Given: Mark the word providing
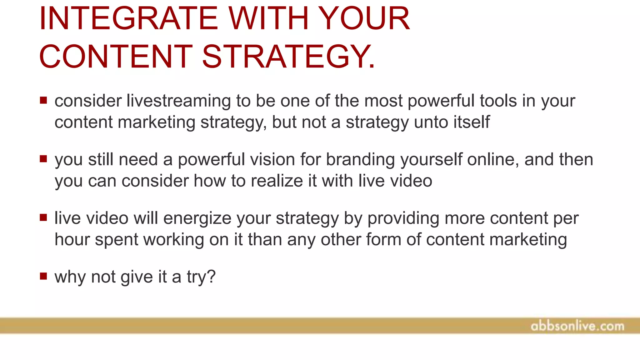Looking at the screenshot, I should pyautogui.click(x=403, y=218).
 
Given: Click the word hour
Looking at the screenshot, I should pyautogui.click(x=72, y=240).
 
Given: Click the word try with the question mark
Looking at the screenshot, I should pyautogui.click(x=201, y=277).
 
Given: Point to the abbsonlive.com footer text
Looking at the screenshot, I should pyautogui.click(x=577, y=326).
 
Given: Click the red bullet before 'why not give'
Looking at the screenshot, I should pyautogui.click(x=43, y=276).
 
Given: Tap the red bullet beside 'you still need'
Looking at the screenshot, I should pyautogui.click(x=43, y=159).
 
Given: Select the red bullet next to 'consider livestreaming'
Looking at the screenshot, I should pyautogui.click(x=43, y=100).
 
